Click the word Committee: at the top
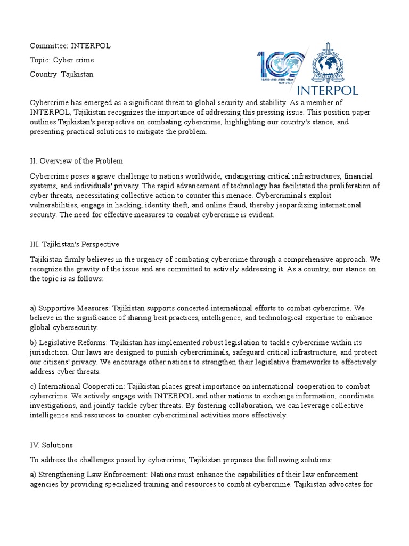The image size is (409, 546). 46,46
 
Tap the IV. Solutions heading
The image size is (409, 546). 52,444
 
